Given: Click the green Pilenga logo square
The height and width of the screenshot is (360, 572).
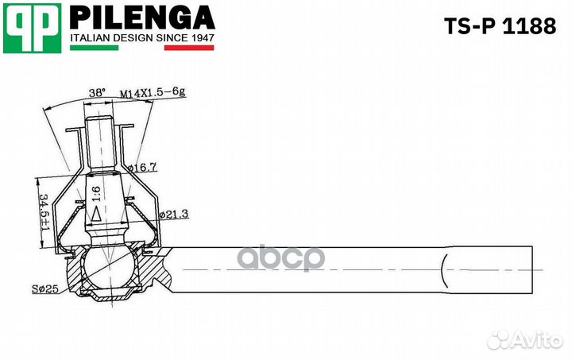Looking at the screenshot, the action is coord(32,28).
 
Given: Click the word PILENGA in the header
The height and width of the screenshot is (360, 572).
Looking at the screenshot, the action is coord(142,17).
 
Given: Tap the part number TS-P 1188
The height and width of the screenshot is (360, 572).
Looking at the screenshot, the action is coord(500,26).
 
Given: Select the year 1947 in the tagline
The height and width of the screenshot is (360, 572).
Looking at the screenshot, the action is coord(202,37).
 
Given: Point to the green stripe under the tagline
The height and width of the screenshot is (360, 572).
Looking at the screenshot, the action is coord(94,48).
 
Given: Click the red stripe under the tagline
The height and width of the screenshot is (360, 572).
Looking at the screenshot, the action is coord(189,48).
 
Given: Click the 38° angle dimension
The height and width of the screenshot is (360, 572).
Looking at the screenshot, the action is coord(97,93).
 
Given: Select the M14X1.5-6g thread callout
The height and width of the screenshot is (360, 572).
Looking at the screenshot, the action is coord(153,93).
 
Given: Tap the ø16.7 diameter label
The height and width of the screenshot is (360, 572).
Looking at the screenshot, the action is coord(142,168).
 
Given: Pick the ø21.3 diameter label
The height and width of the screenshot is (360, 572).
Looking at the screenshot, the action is coord(174,214).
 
